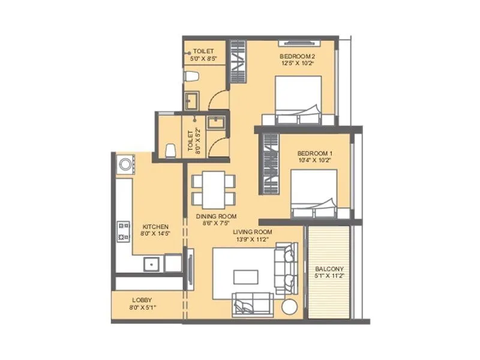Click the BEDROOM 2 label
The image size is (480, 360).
click(x=298, y=56)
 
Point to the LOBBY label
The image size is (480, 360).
click(x=142, y=299)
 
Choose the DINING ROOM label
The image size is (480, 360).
click(x=216, y=216)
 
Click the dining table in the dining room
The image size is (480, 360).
click(x=213, y=188)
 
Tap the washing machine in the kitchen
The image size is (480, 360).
click(x=127, y=163)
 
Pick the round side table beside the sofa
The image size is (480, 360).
click(x=289, y=306)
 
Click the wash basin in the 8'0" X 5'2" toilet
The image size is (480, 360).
click(x=215, y=122)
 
